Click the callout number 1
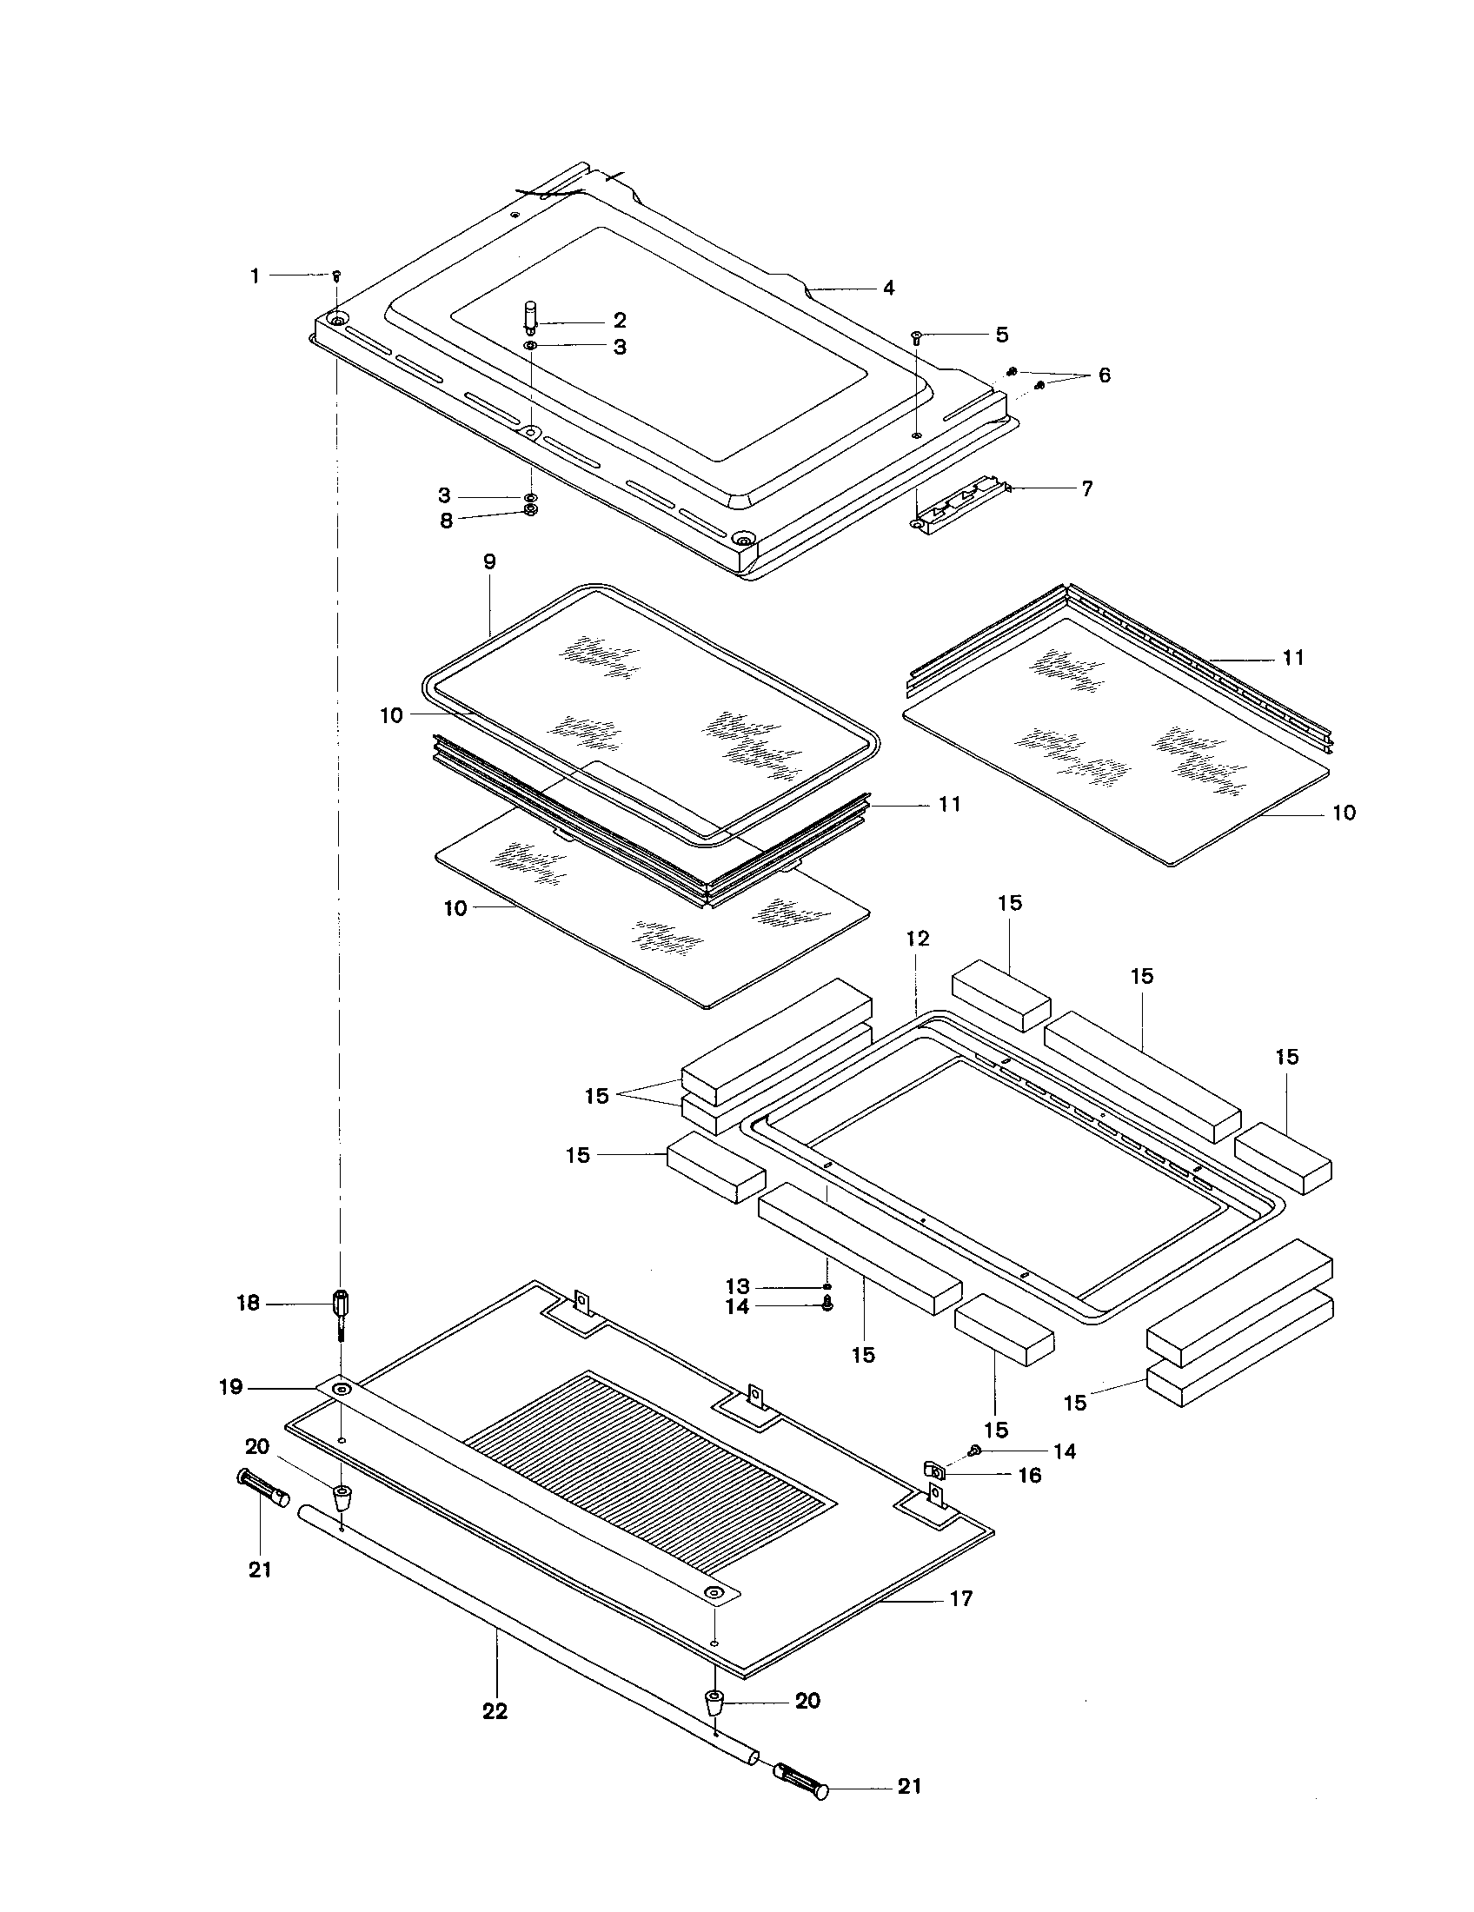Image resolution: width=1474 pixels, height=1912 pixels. pos(255,276)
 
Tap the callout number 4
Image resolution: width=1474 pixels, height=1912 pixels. pos(888,287)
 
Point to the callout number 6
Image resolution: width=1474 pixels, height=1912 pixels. pos(1104,375)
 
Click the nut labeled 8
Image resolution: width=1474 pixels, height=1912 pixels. pos(529,510)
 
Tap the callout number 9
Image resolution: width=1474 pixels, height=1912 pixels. pos(489,561)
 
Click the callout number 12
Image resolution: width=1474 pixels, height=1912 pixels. pos(917,939)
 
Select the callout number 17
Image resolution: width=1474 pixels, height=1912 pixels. pos(960,1598)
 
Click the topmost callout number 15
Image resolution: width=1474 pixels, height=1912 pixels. pos(1009,903)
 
